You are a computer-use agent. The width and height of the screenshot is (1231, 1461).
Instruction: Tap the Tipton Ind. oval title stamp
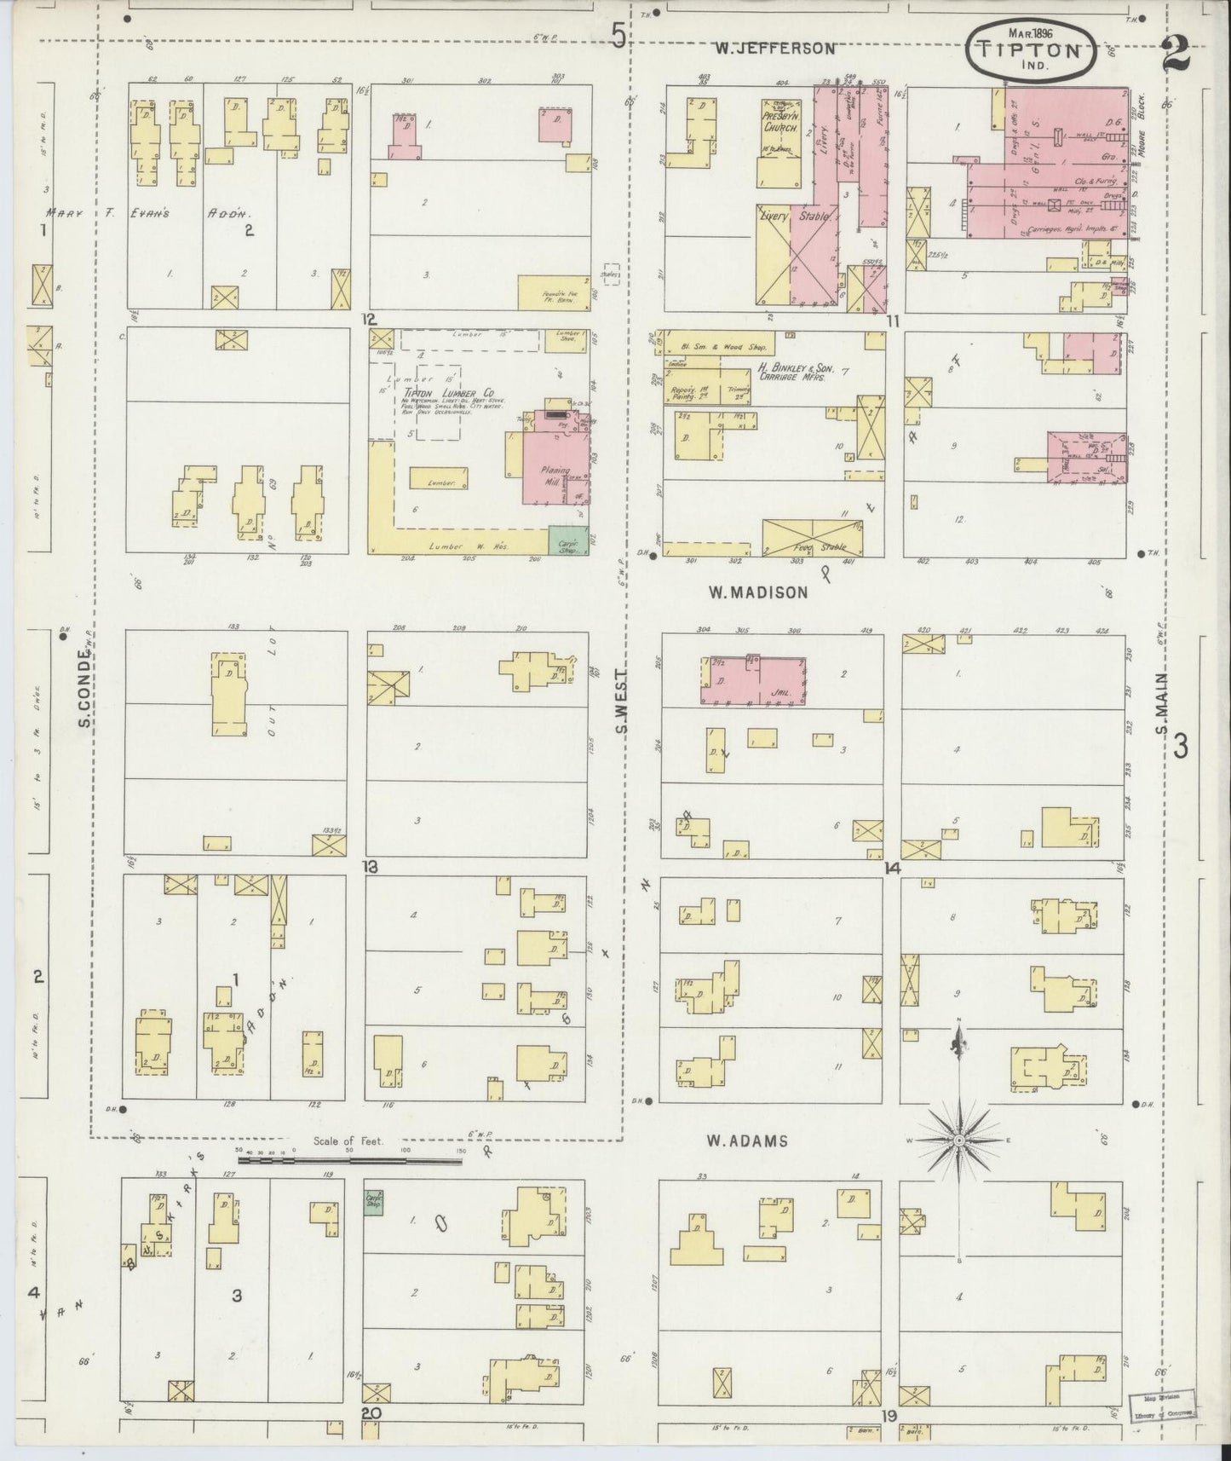[x=1041, y=51]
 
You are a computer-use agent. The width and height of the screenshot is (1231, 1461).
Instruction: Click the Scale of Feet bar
[x=349, y=1159]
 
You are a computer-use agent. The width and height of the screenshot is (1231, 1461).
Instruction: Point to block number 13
[x=369, y=867]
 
